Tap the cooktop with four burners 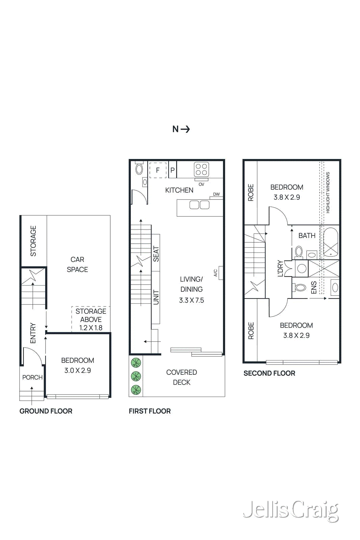click(x=201, y=169)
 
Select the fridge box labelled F click(x=158, y=170)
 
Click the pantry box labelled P click(x=172, y=170)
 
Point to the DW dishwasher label click(x=216, y=194)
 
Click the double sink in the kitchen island click(x=199, y=205)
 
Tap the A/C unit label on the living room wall click(x=216, y=273)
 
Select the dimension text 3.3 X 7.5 click(x=191, y=300)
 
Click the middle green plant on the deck click(x=136, y=376)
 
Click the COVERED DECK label click(x=182, y=377)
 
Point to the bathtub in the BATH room click(x=330, y=242)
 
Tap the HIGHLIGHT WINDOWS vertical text click(x=328, y=192)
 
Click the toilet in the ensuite click(x=300, y=288)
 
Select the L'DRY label click(x=280, y=268)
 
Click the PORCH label click(x=32, y=377)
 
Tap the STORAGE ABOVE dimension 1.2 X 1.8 click(x=91, y=328)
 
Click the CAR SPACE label click(x=77, y=265)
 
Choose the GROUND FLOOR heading click(x=46, y=411)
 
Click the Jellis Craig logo click(x=291, y=510)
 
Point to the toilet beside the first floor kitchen click(x=139, y=169)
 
